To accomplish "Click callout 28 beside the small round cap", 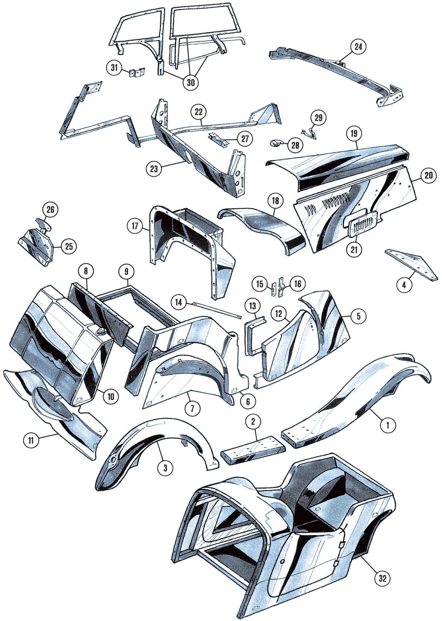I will point(293,146).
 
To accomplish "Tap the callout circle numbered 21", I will point(354,249).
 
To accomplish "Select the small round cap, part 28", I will point(277,143).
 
